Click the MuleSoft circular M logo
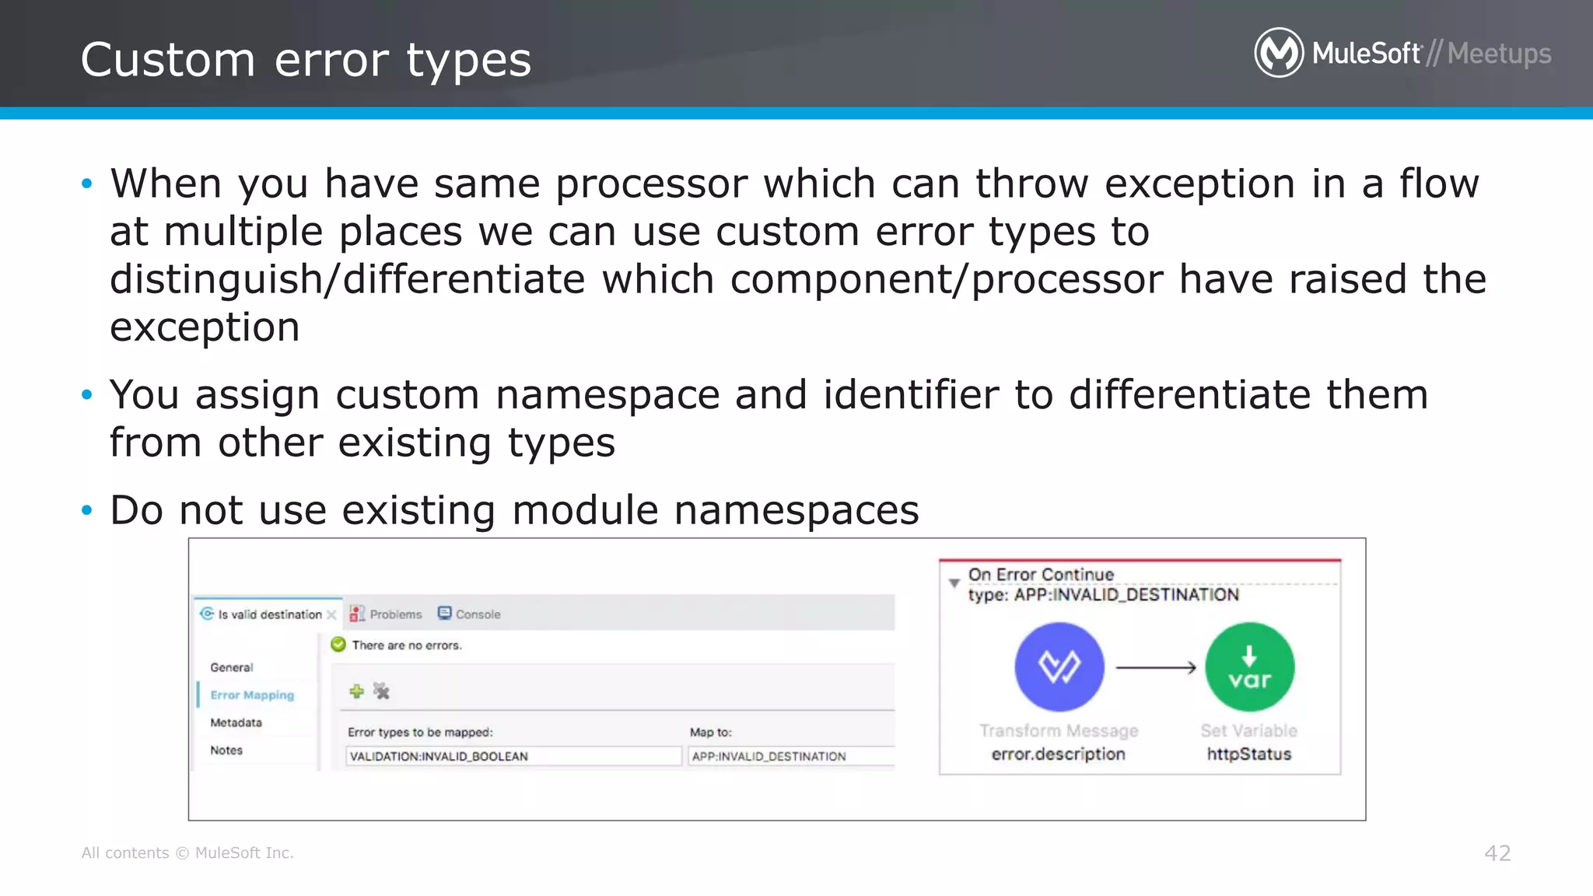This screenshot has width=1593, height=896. (1279, 53)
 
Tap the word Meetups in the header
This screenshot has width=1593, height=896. (1499, 54)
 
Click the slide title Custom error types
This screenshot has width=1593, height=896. (306, 60)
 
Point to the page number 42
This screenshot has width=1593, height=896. (1497, 853)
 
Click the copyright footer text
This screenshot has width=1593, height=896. (187, 853)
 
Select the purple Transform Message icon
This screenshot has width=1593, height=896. (1059, 667)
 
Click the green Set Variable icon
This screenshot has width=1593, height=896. (1249, 667)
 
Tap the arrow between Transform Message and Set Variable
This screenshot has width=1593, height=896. (1155, 667)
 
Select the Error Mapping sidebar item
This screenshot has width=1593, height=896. (252, 695)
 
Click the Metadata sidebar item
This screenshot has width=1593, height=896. (236, 723)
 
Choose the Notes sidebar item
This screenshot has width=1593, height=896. (226, 751)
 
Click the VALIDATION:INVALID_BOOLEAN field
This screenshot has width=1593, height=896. (513, 756)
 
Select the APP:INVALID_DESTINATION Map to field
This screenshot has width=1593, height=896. (789, 756)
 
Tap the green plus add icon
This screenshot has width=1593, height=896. (356, 691)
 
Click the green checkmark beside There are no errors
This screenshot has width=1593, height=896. (338, 645)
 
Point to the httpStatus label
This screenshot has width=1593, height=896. (1248, 754)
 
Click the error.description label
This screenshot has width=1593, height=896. (1058, 754)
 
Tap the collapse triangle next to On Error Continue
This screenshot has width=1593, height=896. (954, 583)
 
